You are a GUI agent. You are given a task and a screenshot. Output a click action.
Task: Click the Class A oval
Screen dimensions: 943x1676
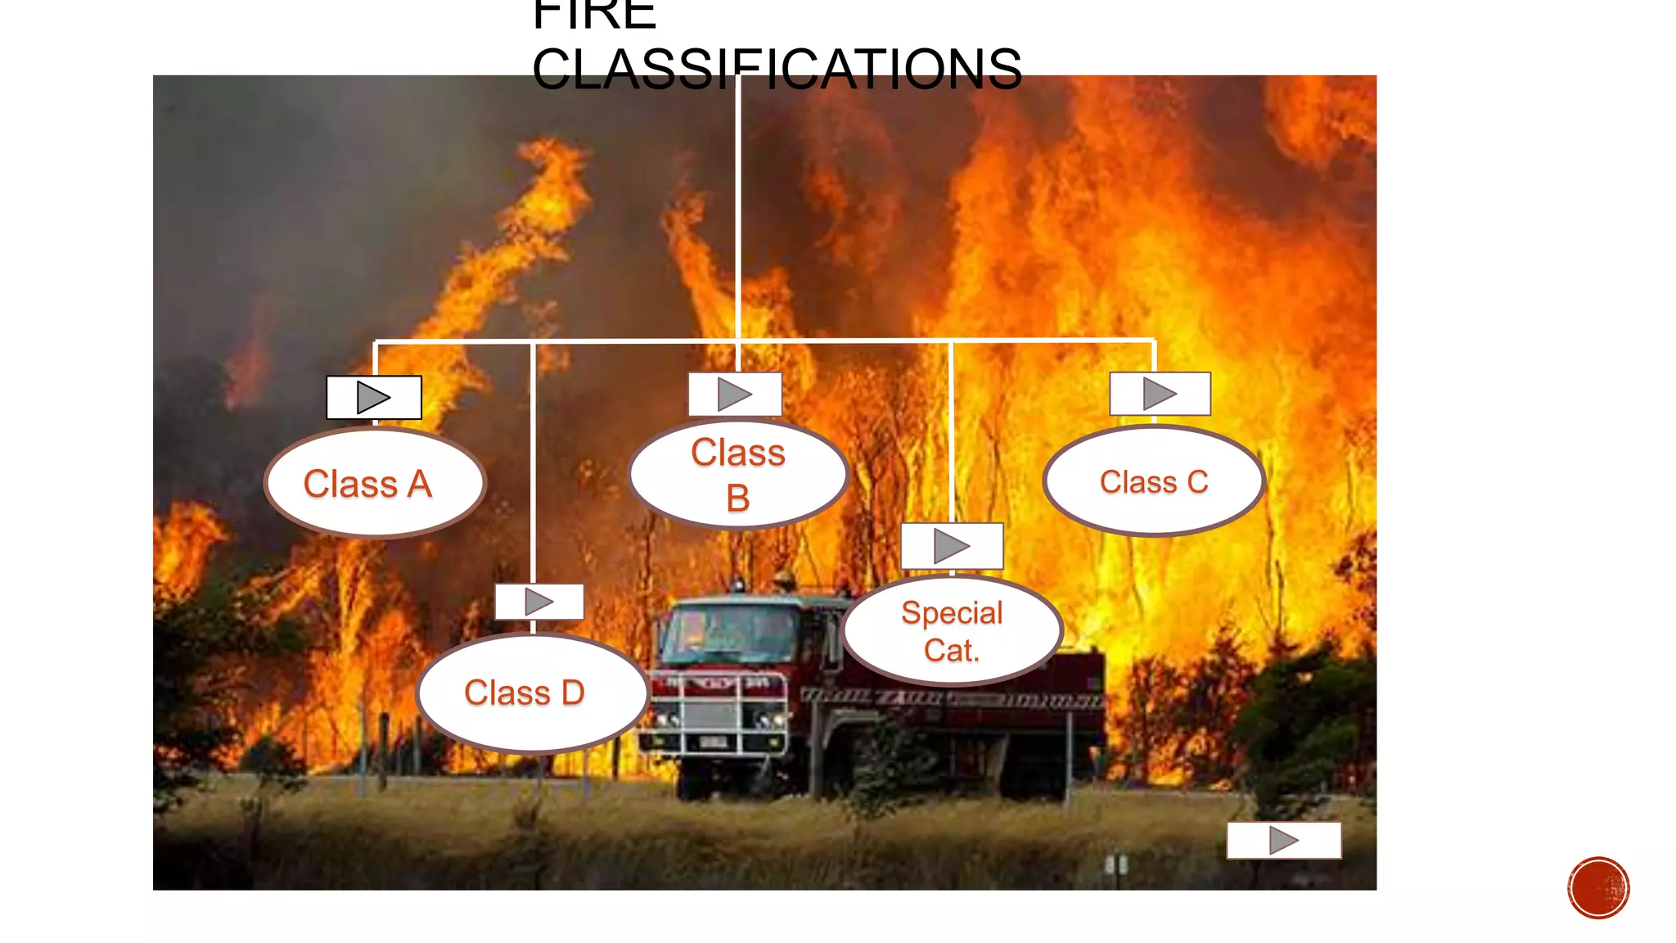pos(375,483)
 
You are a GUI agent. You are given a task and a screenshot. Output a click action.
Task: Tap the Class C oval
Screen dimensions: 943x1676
pos(1154,481)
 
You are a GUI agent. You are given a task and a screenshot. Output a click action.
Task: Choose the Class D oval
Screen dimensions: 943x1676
pos(532,693)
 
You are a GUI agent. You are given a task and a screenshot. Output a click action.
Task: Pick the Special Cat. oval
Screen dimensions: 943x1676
pos(952,630)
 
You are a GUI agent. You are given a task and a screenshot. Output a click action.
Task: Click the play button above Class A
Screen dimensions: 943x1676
pos(374,398)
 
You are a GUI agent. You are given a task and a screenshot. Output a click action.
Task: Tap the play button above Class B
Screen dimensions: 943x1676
pos(735,395)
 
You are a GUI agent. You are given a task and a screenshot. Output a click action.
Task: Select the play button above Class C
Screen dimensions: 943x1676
pos(1160,394)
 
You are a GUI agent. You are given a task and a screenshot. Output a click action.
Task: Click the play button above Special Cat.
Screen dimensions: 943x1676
pos(952,546)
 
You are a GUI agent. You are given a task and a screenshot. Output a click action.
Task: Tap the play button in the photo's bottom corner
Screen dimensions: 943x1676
pos(1283,840)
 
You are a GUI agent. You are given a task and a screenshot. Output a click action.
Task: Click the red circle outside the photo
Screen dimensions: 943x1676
pos(1598,888)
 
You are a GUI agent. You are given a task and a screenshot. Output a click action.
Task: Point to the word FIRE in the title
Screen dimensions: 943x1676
pos(594,15)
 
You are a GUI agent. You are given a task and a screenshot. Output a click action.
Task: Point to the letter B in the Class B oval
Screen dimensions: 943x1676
pos(737,498)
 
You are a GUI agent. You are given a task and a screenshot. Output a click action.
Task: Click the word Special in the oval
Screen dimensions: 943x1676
pos(952,612)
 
